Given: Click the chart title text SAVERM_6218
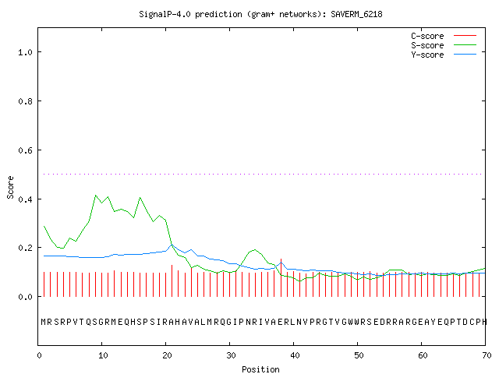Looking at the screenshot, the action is pos(356,14).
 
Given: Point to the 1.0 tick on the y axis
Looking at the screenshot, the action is pos(25,52).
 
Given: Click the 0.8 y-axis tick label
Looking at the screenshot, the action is pos(25,101).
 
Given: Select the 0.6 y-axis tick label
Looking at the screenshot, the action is pos(25,150).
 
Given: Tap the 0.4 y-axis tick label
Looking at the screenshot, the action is pos(25,199).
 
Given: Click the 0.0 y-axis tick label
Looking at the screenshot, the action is pos(25,297).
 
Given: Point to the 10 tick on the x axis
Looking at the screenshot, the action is pos(103,355).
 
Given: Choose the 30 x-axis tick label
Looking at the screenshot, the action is pos(231,355).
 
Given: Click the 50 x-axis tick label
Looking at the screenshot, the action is pos(359,355).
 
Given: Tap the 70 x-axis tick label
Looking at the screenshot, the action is pos(487,355).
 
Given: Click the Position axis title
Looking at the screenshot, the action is pos(260,369).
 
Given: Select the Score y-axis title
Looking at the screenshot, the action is pos(10,187).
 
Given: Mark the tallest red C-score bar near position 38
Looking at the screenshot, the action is pos(281,277).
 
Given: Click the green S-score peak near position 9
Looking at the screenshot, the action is pos(95,195).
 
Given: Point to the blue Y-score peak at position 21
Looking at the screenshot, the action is pos(172,245).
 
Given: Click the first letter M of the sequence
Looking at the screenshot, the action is pos(44,322).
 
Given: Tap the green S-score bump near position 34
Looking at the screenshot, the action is pos(255,249).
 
